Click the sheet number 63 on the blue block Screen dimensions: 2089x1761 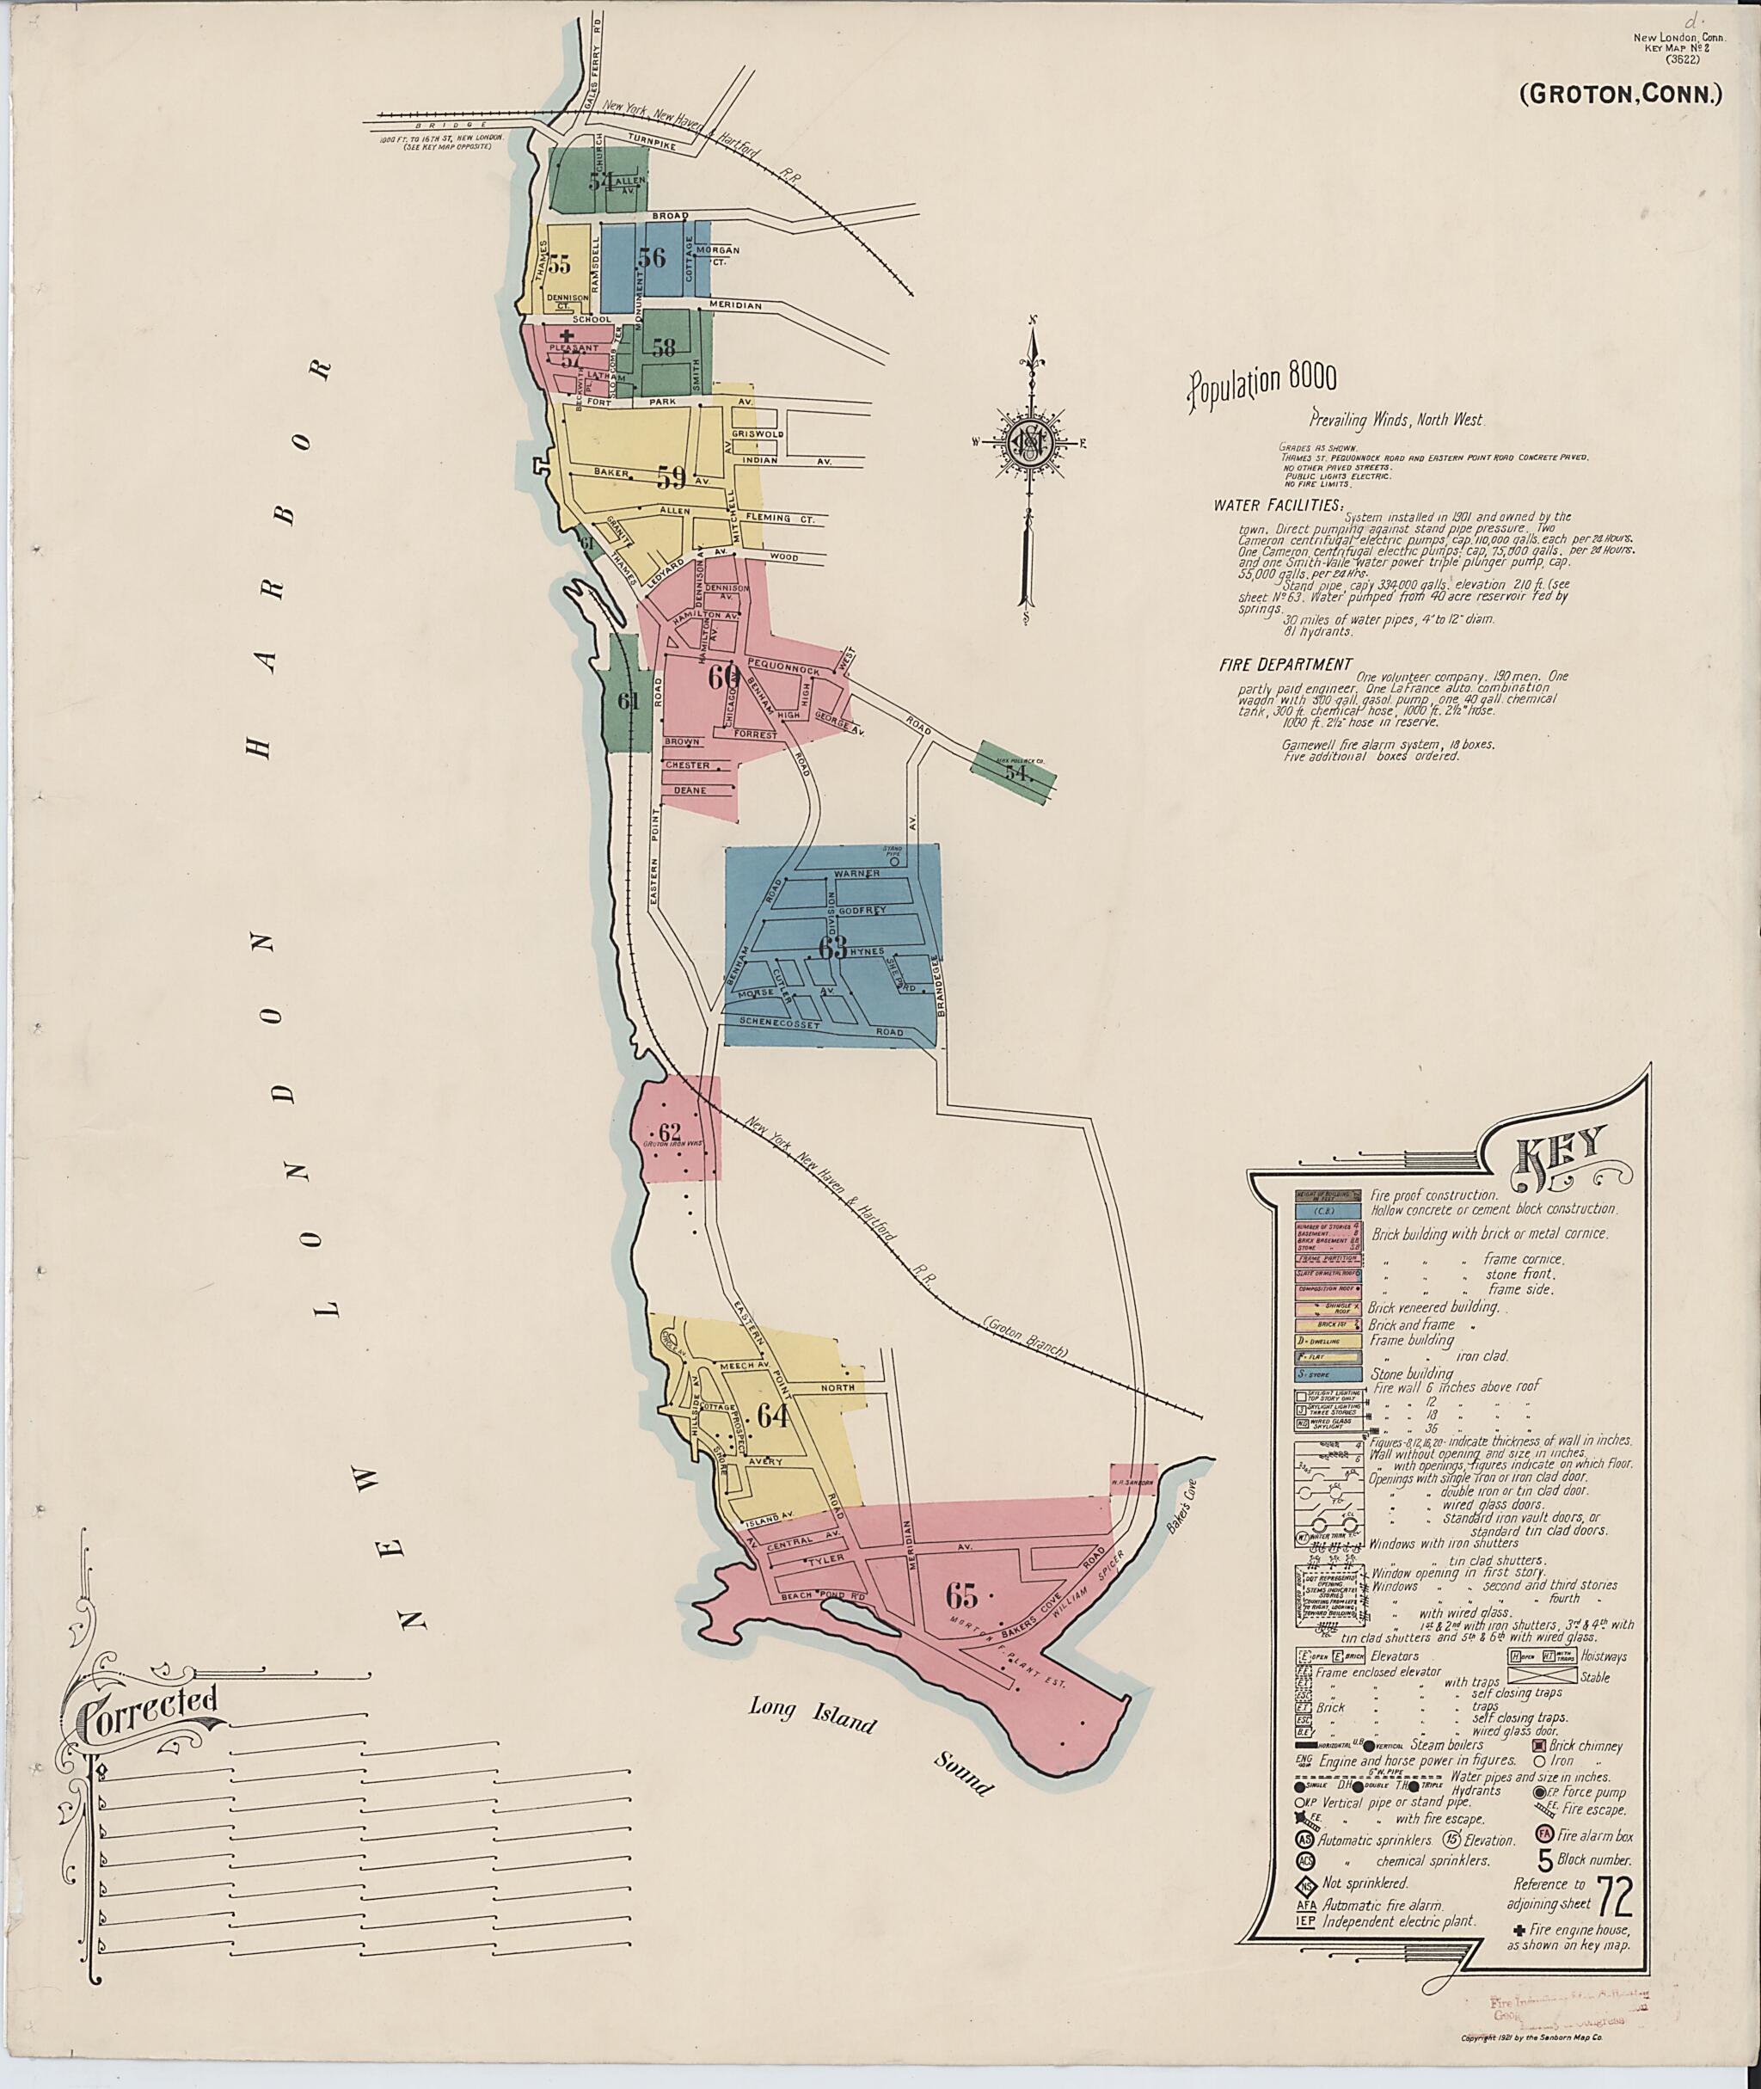831,948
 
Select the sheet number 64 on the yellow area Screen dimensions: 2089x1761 774,1416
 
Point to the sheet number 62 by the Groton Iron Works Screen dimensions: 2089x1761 669,1133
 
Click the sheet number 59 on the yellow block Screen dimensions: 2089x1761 671,478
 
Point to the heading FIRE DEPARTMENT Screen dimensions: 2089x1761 1285,664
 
